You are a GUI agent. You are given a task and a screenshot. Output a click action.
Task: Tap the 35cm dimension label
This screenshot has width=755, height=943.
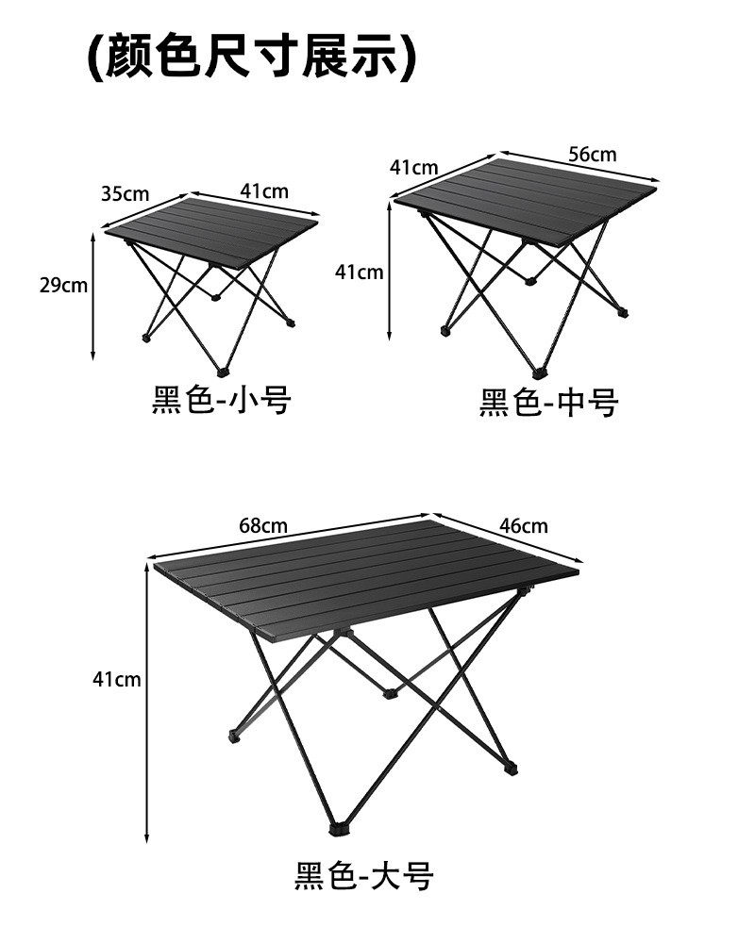(126, 194)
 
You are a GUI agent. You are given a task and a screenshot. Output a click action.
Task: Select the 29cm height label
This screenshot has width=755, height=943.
(63, 286)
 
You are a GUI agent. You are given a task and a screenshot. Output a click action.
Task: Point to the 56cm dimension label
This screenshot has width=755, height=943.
(592, 154)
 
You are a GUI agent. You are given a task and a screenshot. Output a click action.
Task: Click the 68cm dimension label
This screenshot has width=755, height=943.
(263, 525)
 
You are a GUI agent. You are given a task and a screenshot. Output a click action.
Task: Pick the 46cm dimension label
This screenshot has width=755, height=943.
(523, 525)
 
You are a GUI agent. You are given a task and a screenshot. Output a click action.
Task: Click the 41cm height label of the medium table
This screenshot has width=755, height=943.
(359, 273)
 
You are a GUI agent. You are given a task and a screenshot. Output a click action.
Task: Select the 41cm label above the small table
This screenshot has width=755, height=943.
(264, 190)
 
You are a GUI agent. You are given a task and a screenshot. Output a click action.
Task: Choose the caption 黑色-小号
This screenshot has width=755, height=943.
(222, 401)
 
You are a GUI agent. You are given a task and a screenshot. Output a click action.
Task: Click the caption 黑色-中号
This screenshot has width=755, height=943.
(548, 403)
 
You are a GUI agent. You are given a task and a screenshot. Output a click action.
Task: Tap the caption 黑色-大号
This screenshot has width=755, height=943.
(363, 876)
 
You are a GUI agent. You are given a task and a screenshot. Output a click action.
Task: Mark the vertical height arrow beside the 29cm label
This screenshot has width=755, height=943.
(92, 297)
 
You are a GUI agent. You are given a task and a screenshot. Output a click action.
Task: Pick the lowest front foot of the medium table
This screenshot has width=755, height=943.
(541, 372)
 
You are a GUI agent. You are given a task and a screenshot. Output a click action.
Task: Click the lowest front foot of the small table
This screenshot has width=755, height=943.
(223, 370)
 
